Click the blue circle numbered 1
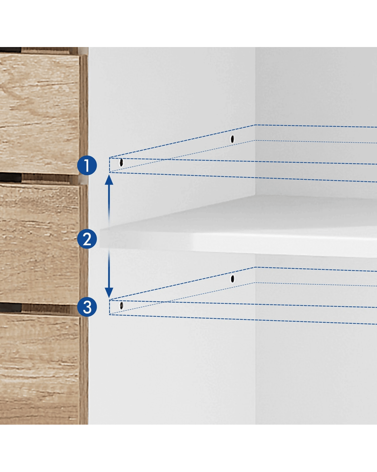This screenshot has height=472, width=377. coord(87,165)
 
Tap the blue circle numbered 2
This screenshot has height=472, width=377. coord(87,239)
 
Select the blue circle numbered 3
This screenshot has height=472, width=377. coord(87,307)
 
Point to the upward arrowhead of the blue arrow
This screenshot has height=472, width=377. coord(109,180)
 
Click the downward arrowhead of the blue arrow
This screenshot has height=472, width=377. coord(109,293)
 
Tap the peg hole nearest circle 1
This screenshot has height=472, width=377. coord(121,162)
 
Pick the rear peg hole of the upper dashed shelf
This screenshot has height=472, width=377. coord(232,139)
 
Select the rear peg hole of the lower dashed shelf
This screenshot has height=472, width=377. coord(232,279)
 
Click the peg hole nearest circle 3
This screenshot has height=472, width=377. coord(121,306)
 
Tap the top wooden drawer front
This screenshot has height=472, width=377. coord(39,114)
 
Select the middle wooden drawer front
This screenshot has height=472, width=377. coord(39,244)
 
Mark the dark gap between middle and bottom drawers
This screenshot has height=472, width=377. coord(11,308)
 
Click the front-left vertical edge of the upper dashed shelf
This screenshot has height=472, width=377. coord(110,165)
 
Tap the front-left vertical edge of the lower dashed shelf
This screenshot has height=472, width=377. coord(110,307)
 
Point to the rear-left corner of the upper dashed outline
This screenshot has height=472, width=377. coord(255,125)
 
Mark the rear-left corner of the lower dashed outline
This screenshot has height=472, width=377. coord(255,267)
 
